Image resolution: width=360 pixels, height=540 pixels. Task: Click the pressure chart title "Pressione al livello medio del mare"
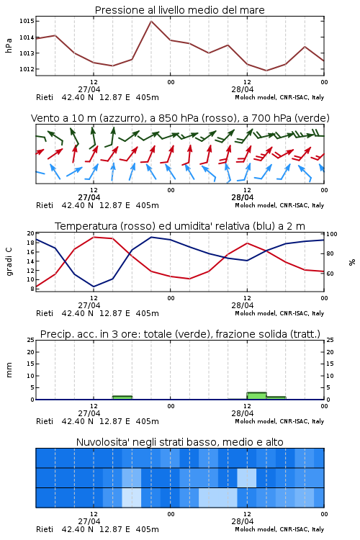(180, 10)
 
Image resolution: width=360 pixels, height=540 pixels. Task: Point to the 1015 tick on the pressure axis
(27, 21)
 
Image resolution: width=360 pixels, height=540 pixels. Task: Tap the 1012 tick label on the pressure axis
(27, 69)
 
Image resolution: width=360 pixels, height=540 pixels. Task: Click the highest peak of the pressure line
(151, 21)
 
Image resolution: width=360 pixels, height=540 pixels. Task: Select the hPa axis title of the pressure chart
(9, 45)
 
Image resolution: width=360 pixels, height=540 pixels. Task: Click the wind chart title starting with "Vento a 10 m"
(180, 118)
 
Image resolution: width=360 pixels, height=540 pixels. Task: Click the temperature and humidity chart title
(180, 226)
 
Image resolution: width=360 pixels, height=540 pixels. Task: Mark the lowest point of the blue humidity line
(94, 287)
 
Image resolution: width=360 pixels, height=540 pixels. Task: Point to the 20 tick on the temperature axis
(31, 233)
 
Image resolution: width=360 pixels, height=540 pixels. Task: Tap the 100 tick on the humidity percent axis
(332, 234)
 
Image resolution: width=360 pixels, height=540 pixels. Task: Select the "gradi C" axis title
(9, 262)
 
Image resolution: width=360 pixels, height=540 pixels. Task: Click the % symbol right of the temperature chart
(352, 262)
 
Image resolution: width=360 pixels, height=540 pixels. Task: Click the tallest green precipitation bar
(256, 396)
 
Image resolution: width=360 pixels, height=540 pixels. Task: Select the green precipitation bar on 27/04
(122, 397)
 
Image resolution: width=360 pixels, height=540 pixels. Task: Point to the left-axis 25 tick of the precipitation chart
(31, 340)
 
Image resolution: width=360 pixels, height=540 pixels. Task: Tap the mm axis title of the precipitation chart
(9, 370)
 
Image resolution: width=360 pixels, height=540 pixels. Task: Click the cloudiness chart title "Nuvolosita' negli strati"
(180, 442)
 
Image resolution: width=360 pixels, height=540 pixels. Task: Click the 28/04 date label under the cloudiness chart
(243, 521)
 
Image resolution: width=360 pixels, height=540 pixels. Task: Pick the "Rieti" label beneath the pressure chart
(45, 97)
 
